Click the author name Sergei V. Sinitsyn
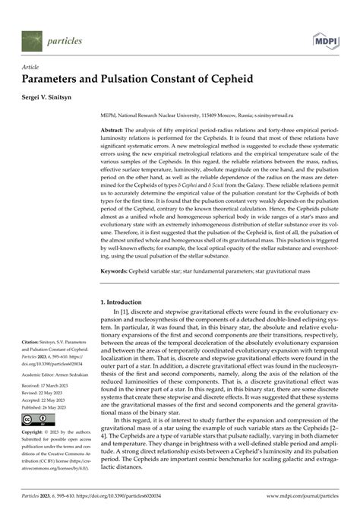pos(56,99)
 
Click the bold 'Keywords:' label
pos(122,270)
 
